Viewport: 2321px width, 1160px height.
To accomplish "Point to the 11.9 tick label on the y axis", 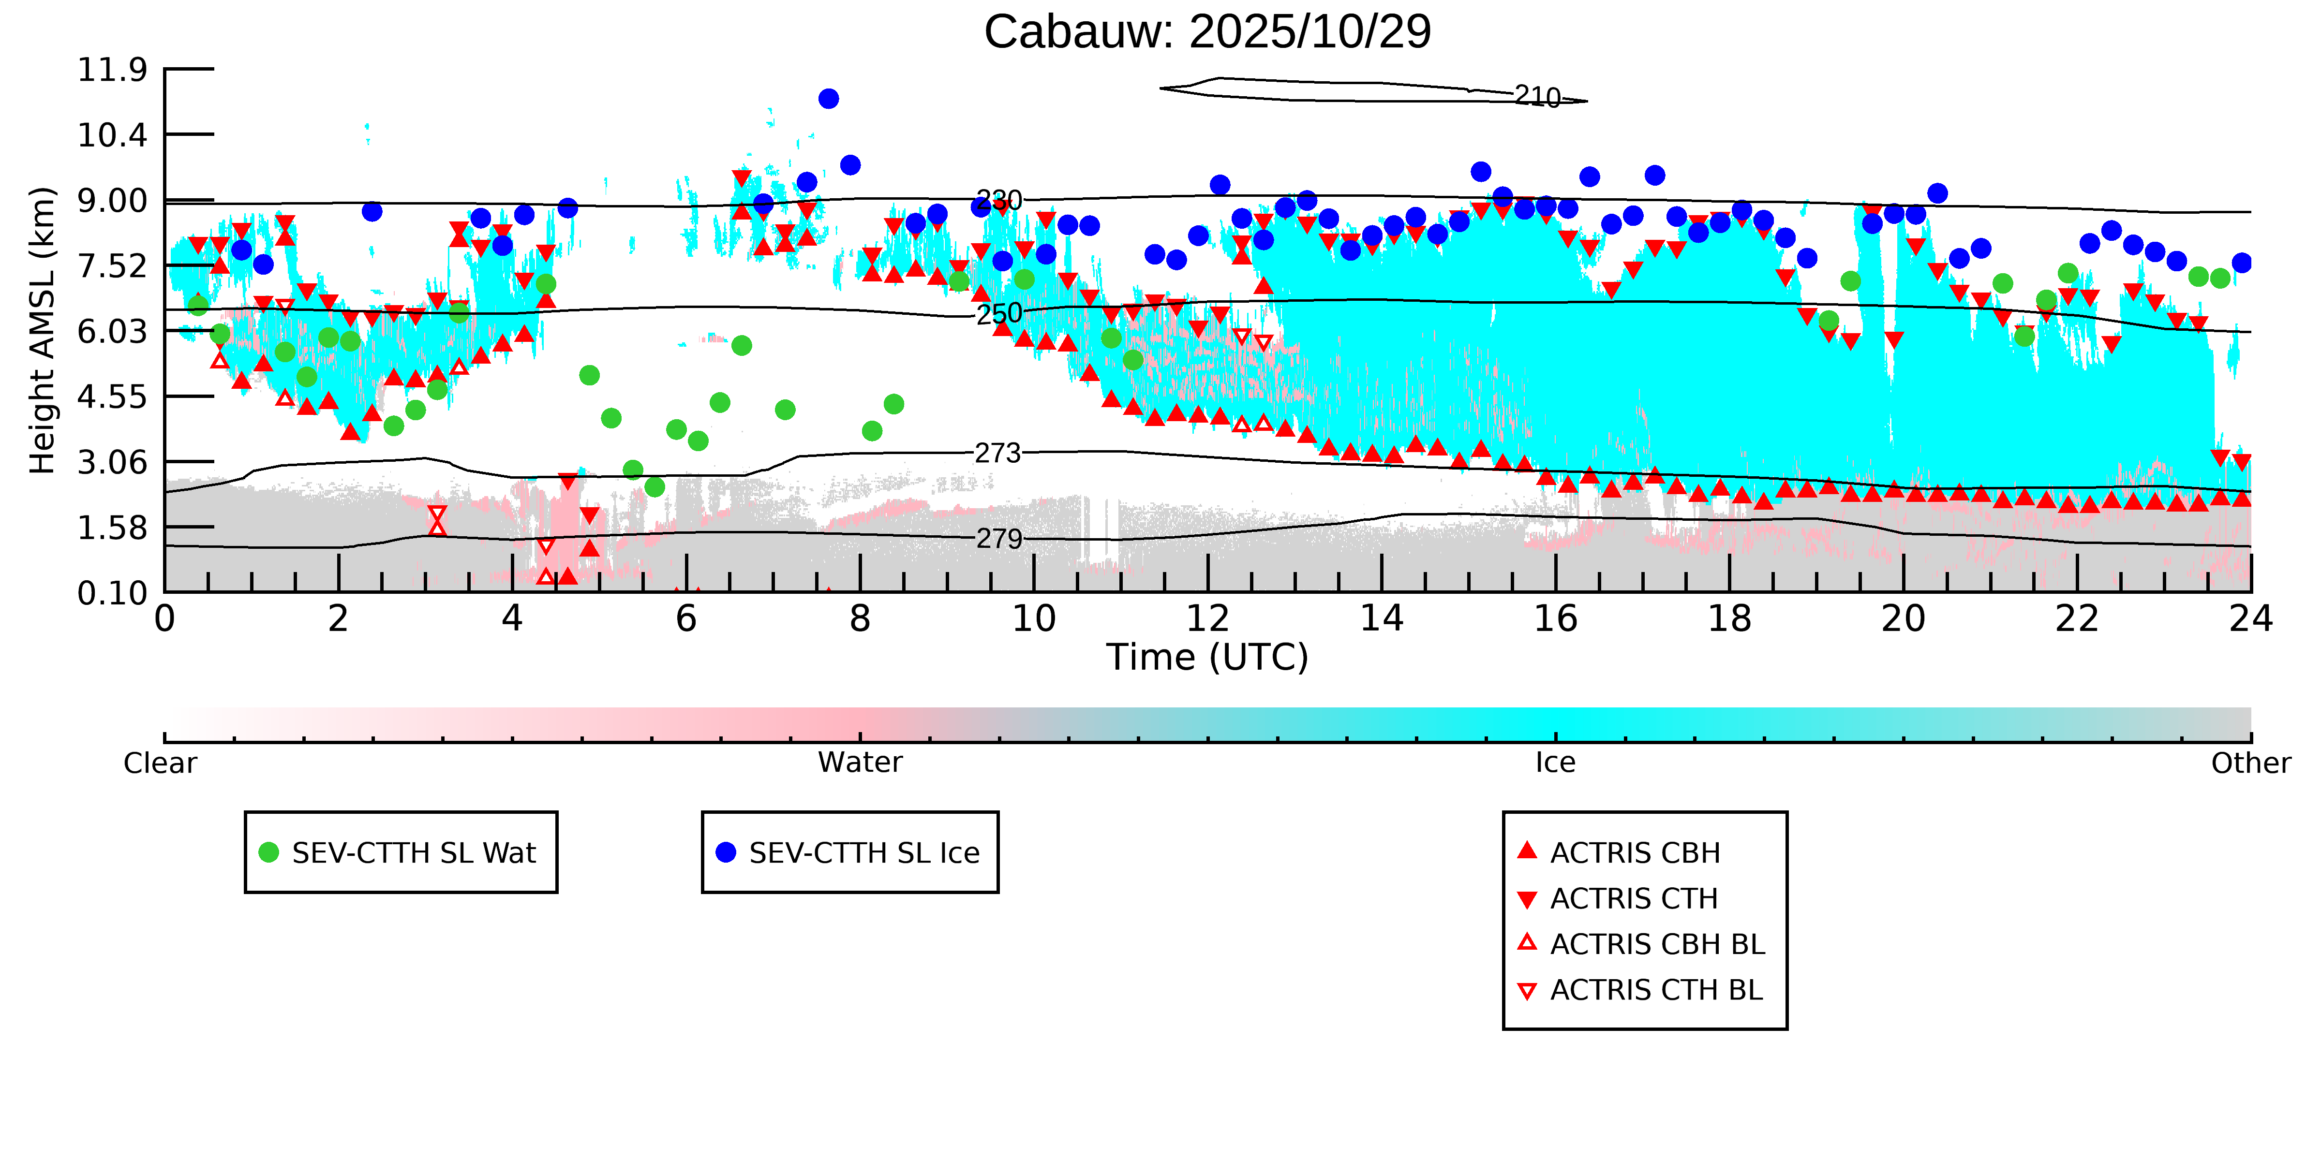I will click(x=112, y=69).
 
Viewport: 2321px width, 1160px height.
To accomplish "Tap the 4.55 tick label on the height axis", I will click(x=112, y=396).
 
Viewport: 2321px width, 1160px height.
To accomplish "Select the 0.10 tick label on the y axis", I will click(x=112, y=593).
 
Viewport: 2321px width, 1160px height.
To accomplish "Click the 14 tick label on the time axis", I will click(x=1381, y=619).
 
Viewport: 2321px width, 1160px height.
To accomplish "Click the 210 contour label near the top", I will click(x=1537, y=96).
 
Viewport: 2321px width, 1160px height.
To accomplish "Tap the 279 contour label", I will click(x=998, y=539).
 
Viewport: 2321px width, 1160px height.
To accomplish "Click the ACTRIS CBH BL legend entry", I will click(x=1656, y=944).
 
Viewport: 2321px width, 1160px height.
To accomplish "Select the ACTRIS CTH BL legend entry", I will click(x=1655, y=990).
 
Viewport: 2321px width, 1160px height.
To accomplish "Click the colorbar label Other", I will click(x=2250, y=763).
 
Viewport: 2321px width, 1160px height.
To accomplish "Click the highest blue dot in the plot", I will click(x=828, y=98).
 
